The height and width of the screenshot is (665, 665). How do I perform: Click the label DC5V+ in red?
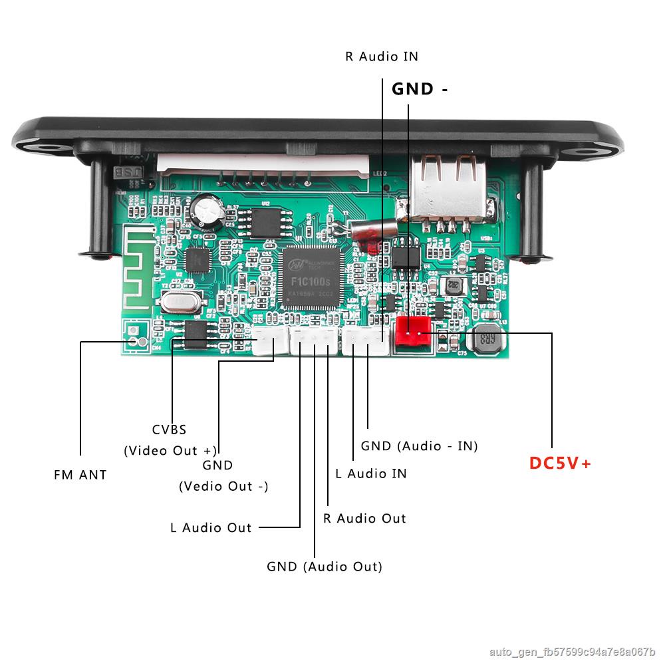click(x=560, y=464)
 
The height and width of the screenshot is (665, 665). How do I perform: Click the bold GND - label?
click(x=419, y=89)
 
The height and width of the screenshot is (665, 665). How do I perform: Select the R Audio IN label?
click(x=382, y=57)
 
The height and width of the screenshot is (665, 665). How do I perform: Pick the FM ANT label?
click(x=80, y=475)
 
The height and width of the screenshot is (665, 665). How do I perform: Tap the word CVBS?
click(x=169, y=430)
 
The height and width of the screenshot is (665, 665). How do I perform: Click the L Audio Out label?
click(x=211, y=528)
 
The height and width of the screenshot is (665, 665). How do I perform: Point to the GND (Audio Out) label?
click(x=325, y=567)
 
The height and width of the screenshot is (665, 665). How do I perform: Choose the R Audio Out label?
click(x=364, y=518)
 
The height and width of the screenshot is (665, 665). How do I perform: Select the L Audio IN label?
click(x=370, y=473)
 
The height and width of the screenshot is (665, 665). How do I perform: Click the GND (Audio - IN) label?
click(x=419, y=446)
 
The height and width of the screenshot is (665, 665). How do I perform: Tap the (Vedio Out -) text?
click(x=223, y=486)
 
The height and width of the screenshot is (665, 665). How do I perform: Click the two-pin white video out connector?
click(x=269, y=342)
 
